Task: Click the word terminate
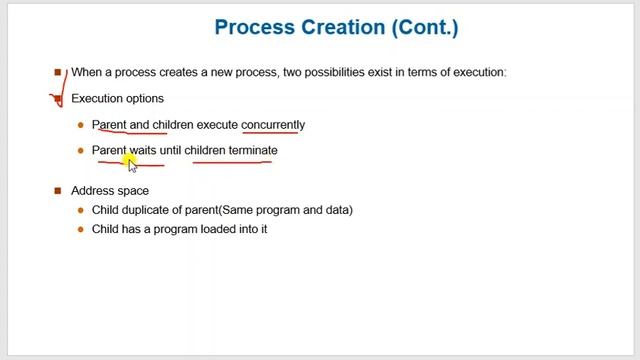(251, 150)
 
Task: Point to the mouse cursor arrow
(132, 165)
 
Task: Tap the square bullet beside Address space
(58, 190)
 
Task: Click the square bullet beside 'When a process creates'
(58, 73)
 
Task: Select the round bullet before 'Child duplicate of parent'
(81, 210)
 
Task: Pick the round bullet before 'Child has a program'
(81, 229)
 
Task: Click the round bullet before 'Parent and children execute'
(81, 125)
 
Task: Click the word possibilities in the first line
(308, 73)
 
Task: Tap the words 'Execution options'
(117, 99)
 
